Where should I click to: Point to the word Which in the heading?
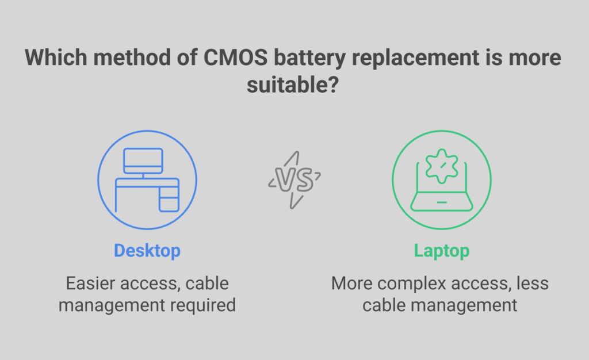point(55,59)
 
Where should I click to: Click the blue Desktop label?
point(147,251)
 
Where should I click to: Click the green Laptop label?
point(441,251)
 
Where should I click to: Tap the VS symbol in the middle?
point(294,181)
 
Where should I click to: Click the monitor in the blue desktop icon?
point(144,159)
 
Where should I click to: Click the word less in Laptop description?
point(532,284)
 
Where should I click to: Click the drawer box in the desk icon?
point(169,202)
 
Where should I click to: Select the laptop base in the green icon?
point(441,203)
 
